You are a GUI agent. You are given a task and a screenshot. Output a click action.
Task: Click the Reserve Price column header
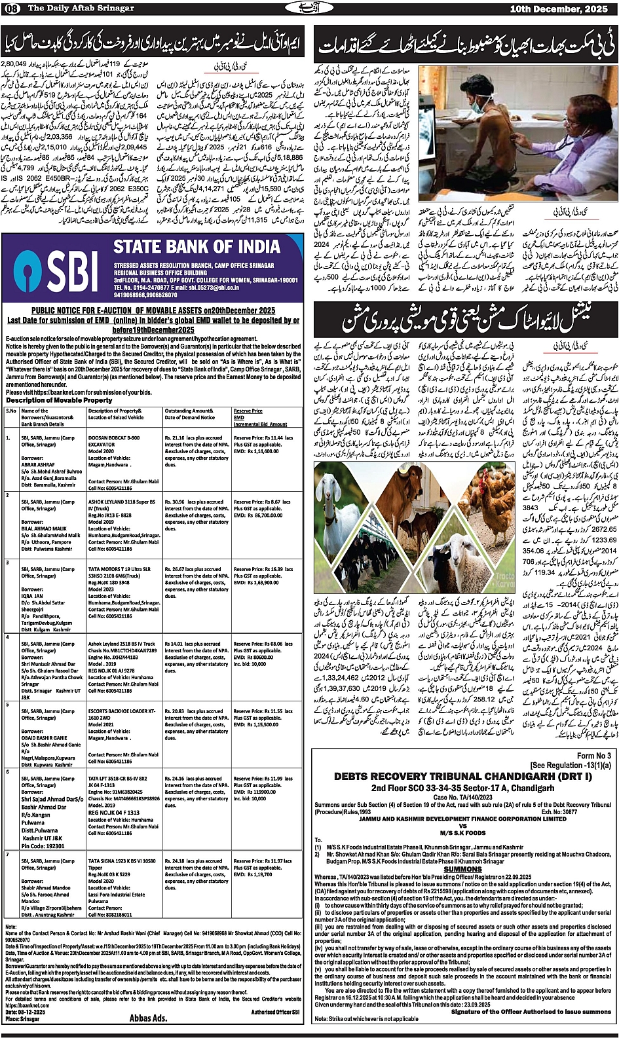(x=248, y=411)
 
